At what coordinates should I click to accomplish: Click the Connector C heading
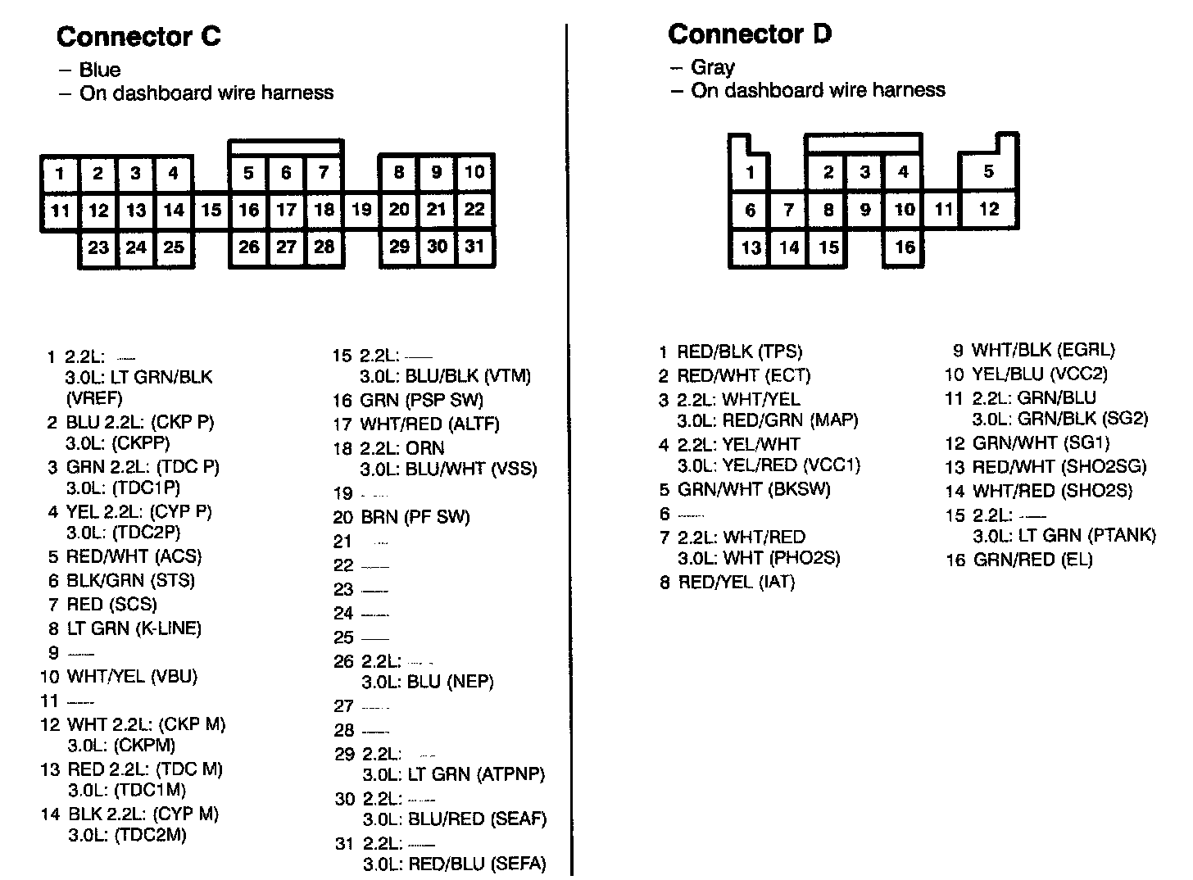point(138,37)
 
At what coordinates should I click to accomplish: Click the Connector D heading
point(750,34)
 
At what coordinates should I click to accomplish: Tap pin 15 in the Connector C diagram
point(211,210)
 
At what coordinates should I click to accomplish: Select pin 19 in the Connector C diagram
point(361,209)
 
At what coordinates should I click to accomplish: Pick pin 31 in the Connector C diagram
point(475,247)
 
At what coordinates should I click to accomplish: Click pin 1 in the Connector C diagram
point(60,173)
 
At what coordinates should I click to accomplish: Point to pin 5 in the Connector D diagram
point(989,171)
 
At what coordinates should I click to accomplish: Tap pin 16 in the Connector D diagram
point(905,247)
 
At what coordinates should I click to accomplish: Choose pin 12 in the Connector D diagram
point(989,209)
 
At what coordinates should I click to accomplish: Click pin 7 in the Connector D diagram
point(788,210)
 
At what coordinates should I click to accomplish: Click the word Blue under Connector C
point(100,70)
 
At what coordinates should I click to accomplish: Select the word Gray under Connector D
point(713,67)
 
